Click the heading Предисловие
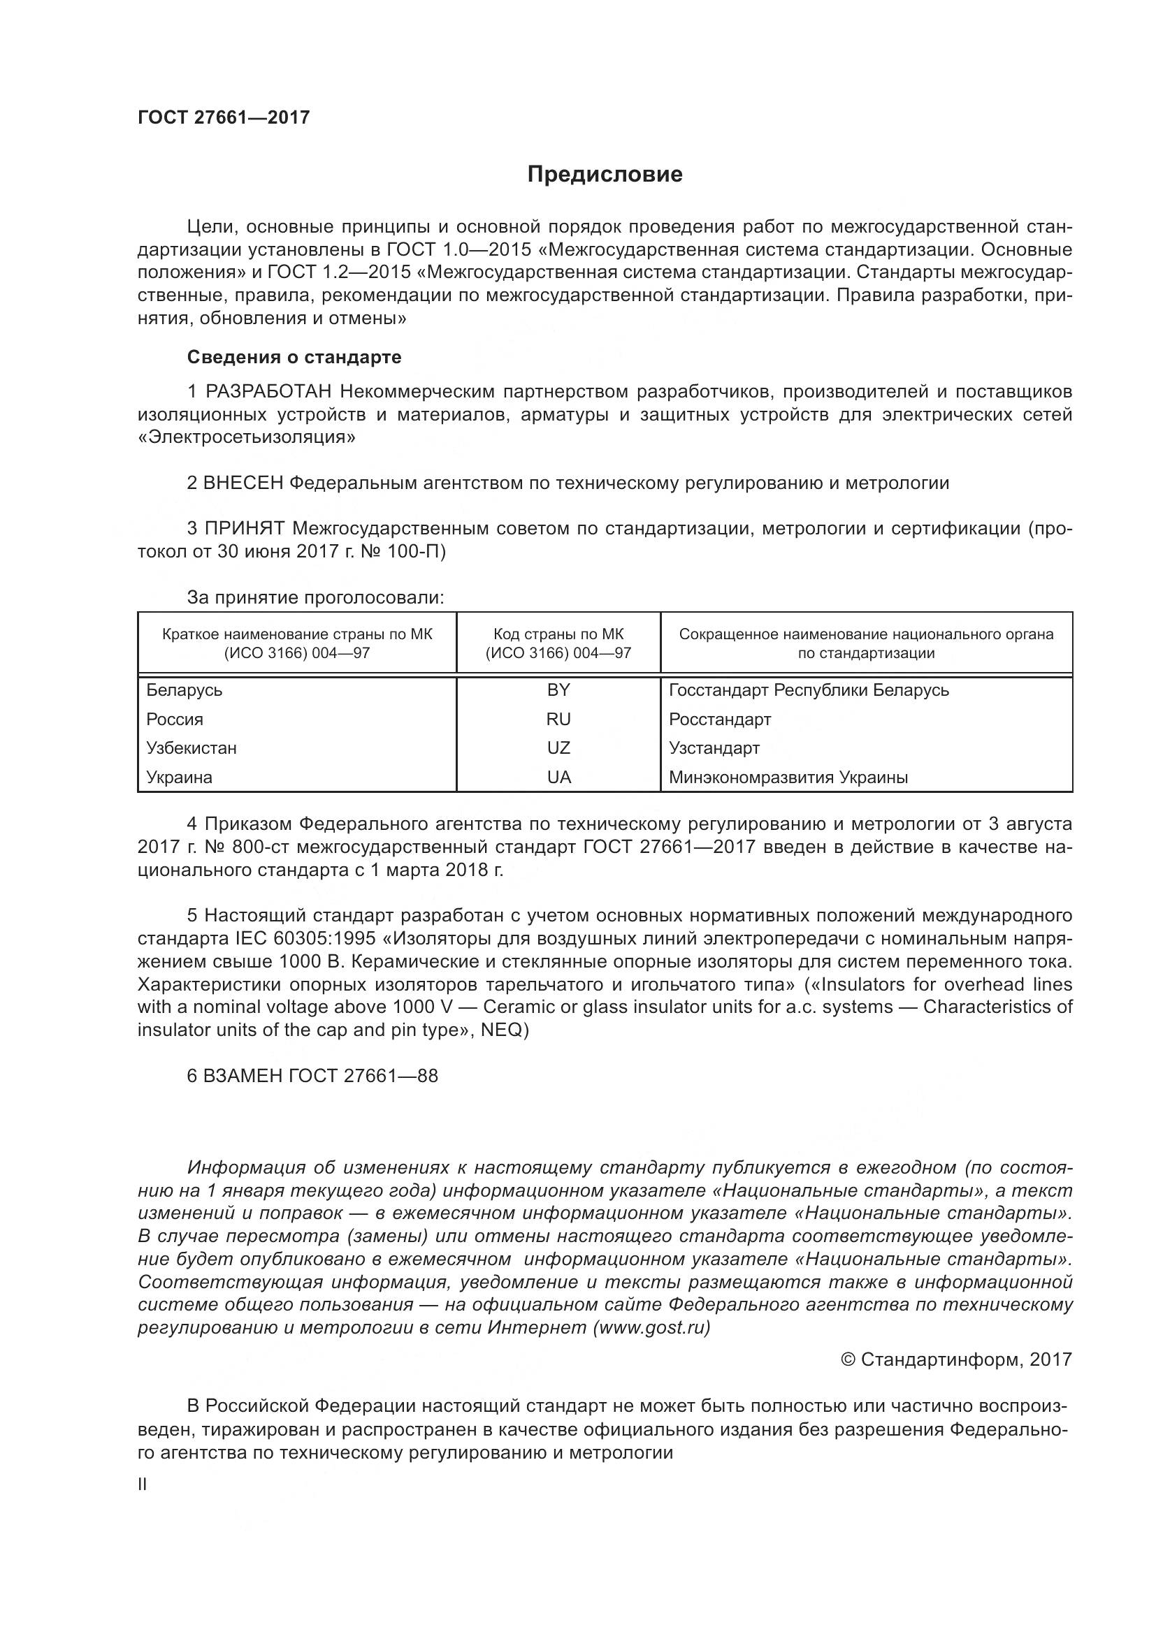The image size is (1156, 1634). coord(605,175)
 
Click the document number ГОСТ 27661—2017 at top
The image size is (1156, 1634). coord(224,118)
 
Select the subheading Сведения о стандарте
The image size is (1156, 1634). coord(294,357)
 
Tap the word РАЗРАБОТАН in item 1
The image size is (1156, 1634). coord(268,391)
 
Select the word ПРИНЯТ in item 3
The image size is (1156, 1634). coord(245,528)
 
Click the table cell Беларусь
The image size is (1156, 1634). coord(185,690)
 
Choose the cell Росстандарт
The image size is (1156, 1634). coord(720,720)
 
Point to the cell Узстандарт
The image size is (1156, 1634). coord(714,748)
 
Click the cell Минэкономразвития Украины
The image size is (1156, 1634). coord(788,777)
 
